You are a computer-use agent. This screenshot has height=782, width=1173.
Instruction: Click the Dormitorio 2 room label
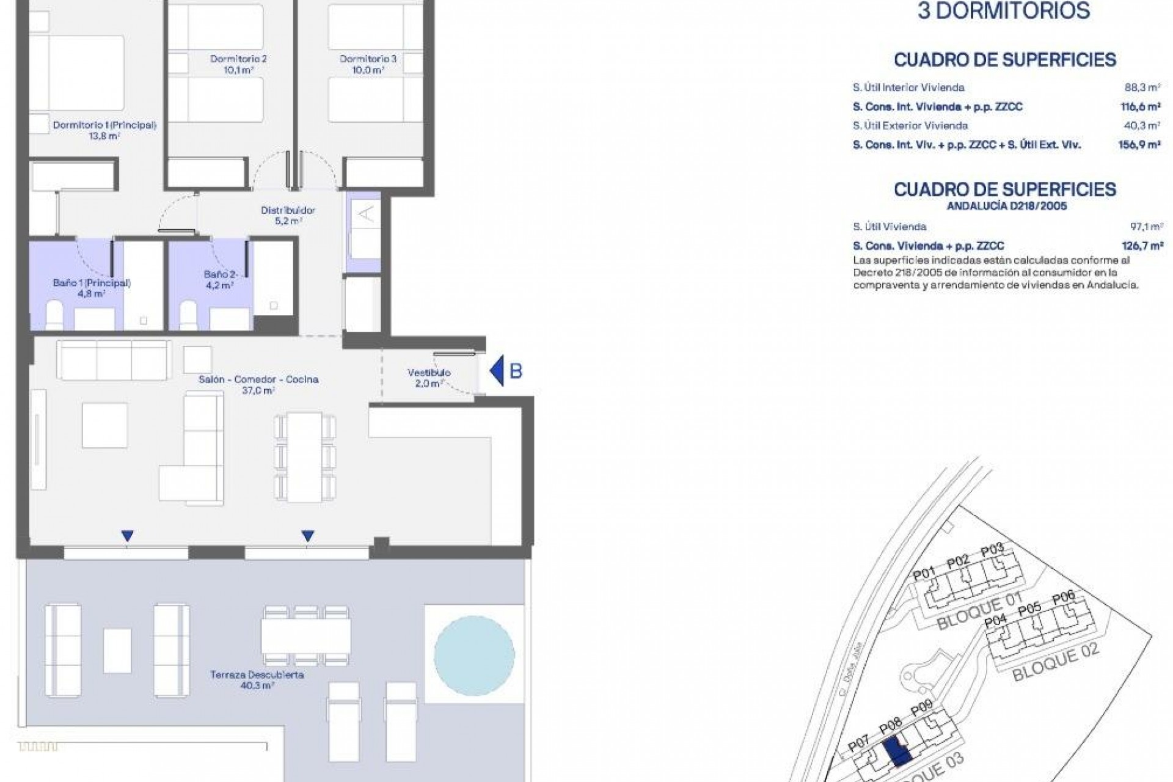(238, 64)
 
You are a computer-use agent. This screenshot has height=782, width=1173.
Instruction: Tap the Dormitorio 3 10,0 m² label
(368, 64)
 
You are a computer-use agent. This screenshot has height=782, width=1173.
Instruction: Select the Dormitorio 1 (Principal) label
(104, 130)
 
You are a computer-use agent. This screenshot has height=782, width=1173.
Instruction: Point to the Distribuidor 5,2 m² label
(288, 215)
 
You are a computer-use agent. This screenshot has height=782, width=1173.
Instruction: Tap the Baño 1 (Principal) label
(92, 288)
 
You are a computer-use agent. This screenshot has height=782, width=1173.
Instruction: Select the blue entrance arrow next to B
(498, 370)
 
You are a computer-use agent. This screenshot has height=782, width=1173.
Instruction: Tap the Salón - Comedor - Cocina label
(258, 384)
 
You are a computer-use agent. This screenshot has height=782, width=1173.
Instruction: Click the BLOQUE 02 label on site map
(1056, 663)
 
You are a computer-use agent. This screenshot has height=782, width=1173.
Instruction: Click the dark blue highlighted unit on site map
(896, 751)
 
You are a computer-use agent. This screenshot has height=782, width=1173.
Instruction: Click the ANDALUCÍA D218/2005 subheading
(1006, 206)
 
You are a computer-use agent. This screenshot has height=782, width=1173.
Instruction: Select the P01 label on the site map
(924, 574)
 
